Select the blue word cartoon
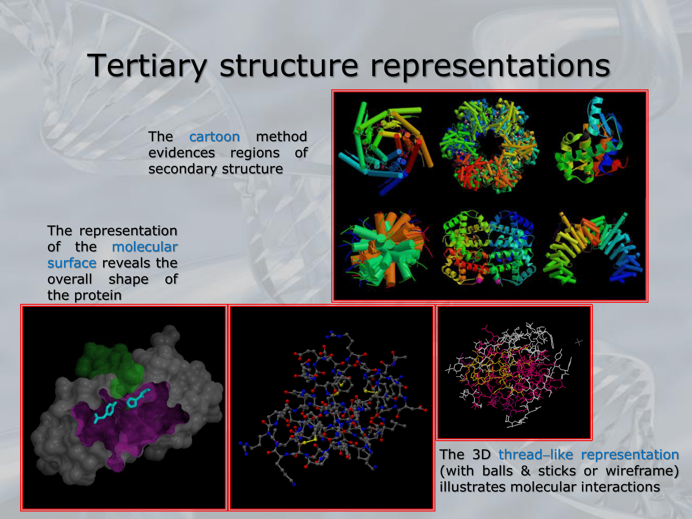click(215, 137)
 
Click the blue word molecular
click(145, 247)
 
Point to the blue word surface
click(72, 263)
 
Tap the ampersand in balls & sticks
click(526, 471)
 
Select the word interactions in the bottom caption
click(620, 487)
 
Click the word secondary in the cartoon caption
click(182, 169)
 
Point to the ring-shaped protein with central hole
click(489, 145)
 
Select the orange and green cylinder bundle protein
click(386, 248)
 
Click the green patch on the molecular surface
click(110, 363)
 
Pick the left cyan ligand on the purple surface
click(105, 412)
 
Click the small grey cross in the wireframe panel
click(579, 342)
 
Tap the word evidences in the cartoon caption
click(182, 153)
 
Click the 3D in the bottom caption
click(481, 454)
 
